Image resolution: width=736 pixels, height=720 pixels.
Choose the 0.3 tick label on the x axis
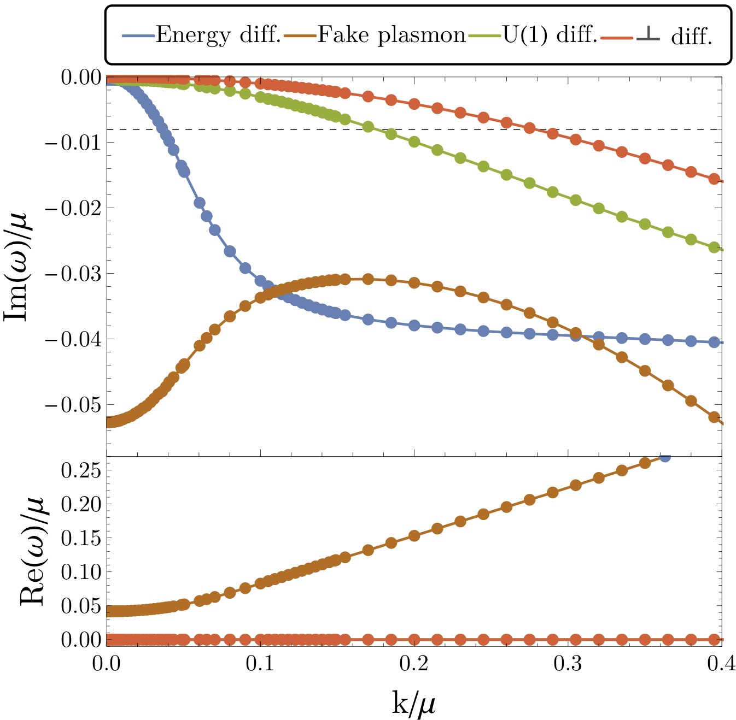pos(568,665)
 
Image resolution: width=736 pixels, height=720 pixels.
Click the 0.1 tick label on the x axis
pos(261,665)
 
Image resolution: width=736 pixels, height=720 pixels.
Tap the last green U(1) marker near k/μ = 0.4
pos(714,247)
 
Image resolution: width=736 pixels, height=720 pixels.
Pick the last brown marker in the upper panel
pos(714,417)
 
